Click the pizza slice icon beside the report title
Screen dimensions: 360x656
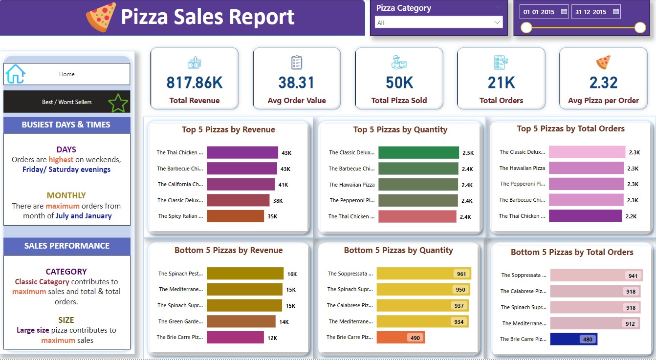101,17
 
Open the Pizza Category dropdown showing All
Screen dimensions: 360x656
438,22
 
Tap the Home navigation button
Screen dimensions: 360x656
67,74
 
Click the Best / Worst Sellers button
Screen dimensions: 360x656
67,102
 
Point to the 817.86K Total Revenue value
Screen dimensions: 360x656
195,83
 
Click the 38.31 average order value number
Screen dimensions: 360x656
296,83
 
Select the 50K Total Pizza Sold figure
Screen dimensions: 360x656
399,83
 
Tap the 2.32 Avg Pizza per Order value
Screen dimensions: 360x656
603,83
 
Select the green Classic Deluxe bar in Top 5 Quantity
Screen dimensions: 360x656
418,153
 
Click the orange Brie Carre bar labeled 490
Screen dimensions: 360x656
400,338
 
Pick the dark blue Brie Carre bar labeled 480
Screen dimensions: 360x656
573,339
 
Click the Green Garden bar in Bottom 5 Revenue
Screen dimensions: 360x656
241,321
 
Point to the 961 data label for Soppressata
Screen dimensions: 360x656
461,274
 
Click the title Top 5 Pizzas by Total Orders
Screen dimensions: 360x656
570,129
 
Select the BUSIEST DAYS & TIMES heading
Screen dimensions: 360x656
66,125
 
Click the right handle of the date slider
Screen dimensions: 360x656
640,28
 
